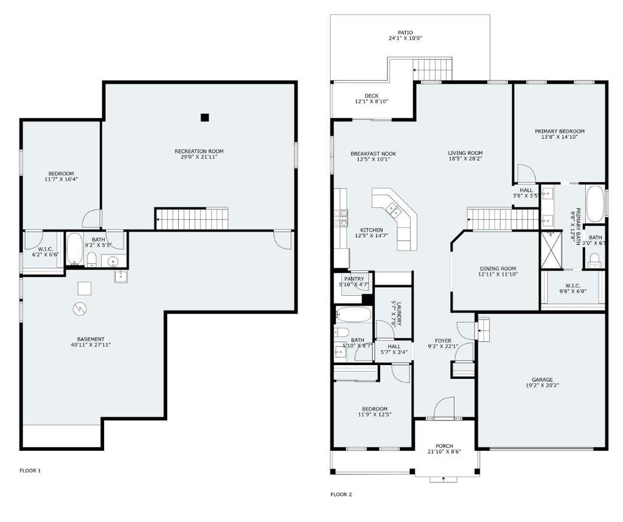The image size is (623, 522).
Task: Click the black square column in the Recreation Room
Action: tap(204, 117)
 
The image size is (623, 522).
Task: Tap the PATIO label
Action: tap(405, 33)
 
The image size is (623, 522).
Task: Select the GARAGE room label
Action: tap(542, 380)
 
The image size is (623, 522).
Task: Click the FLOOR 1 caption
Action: tap(30, 471)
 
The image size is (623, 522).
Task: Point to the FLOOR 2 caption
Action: tap(341, 495)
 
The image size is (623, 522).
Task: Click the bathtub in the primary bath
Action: tap(595, 204)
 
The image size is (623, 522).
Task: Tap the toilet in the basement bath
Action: tap(92, 259)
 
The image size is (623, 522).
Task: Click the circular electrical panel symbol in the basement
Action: tap(80, 308)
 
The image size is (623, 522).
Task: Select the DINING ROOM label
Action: tap(498, 268)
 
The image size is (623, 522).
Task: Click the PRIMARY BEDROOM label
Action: tap(560, 131)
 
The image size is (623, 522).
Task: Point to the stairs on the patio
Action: tap(433, 69)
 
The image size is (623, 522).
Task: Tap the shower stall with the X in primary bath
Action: tap(552, 250)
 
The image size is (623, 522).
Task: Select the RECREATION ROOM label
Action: tap(199, 151)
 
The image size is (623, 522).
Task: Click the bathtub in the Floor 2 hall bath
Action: tap(353, 315)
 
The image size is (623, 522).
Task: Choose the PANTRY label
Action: tap(354, 279)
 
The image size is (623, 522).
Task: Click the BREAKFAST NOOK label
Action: tap(373, 154)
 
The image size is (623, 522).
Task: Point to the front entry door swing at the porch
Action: tap(444, 408)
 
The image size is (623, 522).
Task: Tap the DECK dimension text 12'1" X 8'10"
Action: tap(372, 102)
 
